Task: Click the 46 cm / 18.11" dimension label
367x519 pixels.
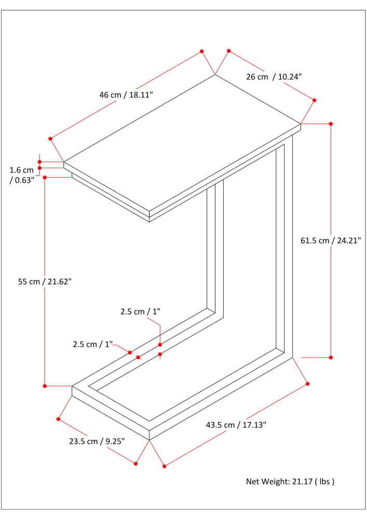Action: (x=126, y=94)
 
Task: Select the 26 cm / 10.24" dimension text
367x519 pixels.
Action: (x=274, y=77)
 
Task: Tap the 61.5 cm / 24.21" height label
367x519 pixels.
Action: (x=330, y=240)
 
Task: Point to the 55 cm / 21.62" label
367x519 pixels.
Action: (x=45, y=282)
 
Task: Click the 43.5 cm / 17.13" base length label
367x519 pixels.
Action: (x=236, y=425)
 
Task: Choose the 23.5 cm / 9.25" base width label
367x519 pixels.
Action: (x=97, y=441)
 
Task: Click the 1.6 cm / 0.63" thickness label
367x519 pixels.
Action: (x=22, y=175)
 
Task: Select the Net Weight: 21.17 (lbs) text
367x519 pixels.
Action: (x=290, y=481)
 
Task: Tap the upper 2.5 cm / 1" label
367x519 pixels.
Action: (x=140, y=311)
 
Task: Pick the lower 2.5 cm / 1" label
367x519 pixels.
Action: (x=93, y=344)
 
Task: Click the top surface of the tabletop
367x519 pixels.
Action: (x=182, y=143)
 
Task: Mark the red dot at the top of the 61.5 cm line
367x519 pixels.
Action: (x=331, y=124)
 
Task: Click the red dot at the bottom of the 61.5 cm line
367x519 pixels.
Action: (x=331, y=358)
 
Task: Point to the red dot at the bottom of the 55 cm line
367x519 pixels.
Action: (x=45, y=386)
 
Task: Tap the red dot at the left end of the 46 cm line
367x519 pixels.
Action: (x=50, y=139)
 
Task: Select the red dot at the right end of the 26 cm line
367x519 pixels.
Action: (x=315, y=100)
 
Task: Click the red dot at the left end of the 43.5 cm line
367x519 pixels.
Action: (x=165, y=466)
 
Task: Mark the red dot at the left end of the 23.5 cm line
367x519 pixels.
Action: (x=59, y=419)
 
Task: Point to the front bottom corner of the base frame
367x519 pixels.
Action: (x=149, y=440)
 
